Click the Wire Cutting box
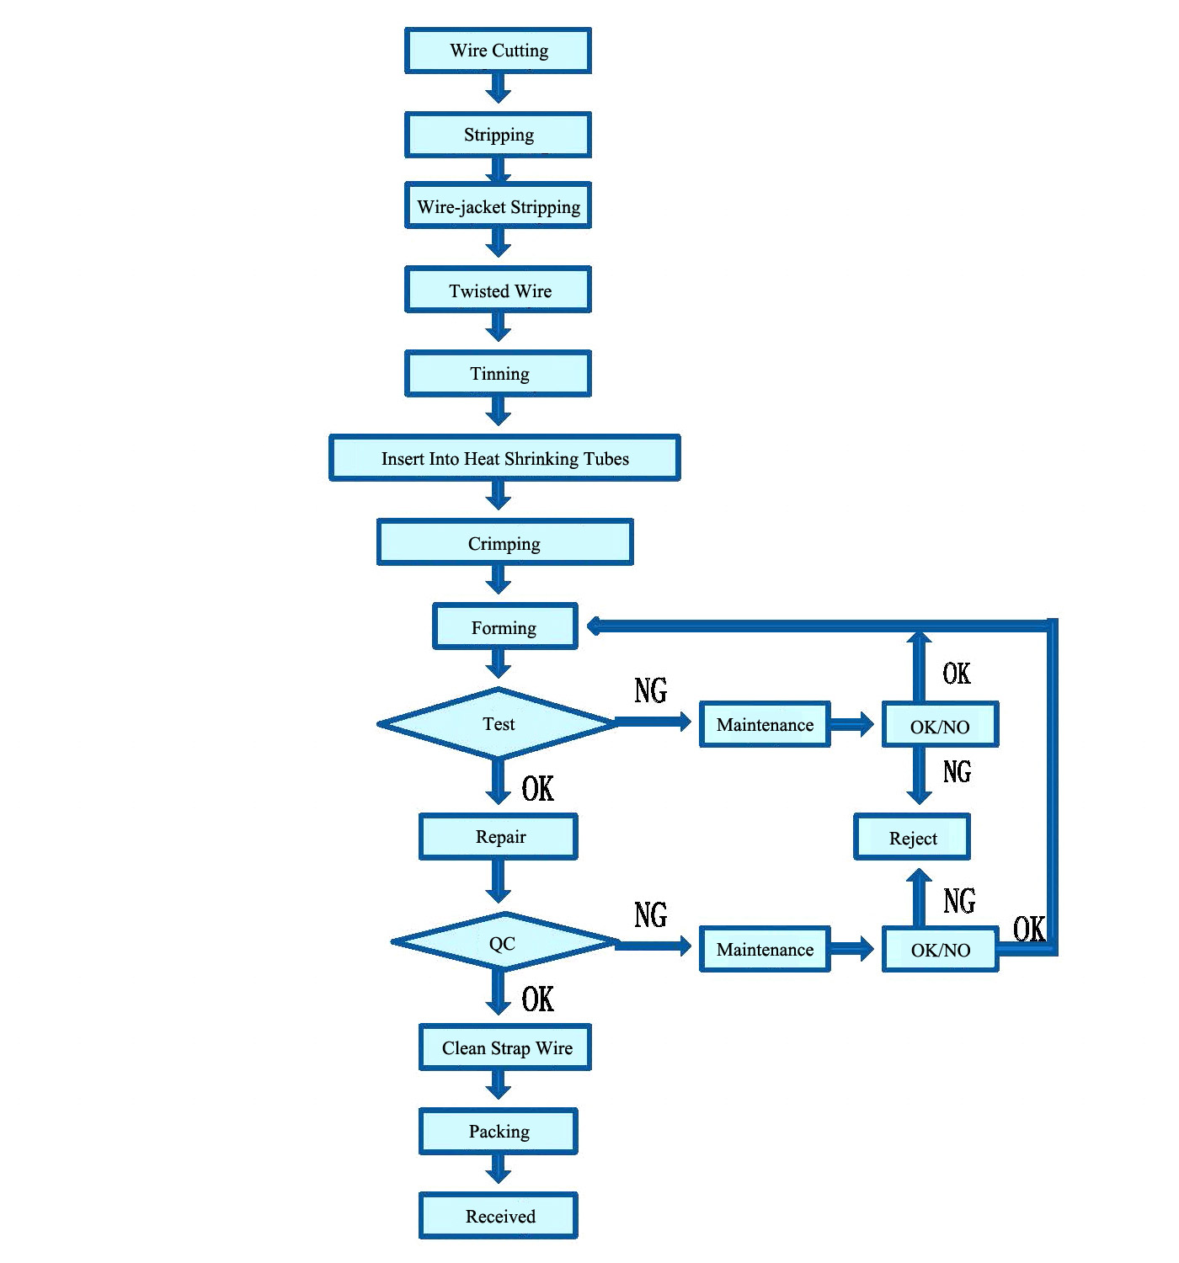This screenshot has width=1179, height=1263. coord(498,51)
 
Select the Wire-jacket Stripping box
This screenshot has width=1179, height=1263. coord(498,205)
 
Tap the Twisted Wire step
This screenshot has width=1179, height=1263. coord(498,290)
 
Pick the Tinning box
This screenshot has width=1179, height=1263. coord(498,373)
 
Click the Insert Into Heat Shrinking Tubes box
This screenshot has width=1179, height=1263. coord(504,458)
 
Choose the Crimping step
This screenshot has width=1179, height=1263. coord(504,542)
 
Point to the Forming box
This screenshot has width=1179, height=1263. coord(504,627)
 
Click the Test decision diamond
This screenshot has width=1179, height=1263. coord(498,723)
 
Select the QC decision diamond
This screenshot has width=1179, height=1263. coord(504,942)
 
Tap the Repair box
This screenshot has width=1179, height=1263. coord(499,836)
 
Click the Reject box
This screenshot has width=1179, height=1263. coord(912,837)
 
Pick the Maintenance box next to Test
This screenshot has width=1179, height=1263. coord(765,724)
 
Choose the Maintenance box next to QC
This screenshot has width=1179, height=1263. coord(765,949)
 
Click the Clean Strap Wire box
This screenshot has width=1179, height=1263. coord(504,1047)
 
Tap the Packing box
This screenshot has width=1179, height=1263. coord(499,1132)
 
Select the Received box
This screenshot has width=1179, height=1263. coord(499,1216)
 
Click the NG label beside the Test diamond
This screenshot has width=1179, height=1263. coord(650,690)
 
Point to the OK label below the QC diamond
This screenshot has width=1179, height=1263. coord(537,999)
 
